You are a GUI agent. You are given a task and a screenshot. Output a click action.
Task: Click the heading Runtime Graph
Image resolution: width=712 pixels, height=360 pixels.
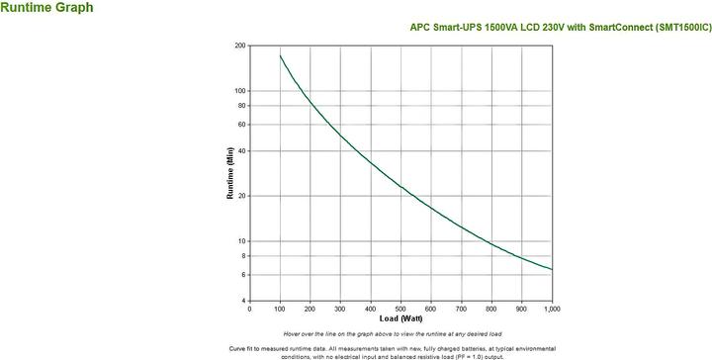pos(47,8)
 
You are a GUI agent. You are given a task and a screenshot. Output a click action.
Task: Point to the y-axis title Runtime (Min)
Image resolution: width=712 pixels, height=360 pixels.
pos(230,174)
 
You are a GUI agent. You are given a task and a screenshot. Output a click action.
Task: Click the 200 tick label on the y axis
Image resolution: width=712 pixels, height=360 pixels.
pos(240,45)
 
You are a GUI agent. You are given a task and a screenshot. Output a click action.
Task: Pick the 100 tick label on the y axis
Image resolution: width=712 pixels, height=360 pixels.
pos(240,91)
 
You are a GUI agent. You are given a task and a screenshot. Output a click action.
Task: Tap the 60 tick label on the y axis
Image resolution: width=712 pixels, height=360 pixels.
pos(242,125)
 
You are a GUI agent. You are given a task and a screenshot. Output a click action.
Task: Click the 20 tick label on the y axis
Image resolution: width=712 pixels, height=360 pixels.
pos(242,196)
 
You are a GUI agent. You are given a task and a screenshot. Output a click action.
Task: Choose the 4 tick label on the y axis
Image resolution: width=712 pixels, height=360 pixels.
pos(244,301)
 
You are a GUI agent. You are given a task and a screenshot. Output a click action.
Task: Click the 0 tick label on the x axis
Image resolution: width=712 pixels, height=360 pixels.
pos(250,309)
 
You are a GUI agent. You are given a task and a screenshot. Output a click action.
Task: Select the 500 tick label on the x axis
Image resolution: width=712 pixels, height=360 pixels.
pos(400,309)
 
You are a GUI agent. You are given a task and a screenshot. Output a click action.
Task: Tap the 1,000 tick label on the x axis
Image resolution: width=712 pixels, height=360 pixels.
pos(551,309)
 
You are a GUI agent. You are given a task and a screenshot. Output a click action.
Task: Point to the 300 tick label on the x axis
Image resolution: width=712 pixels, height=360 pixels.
pos(340,309)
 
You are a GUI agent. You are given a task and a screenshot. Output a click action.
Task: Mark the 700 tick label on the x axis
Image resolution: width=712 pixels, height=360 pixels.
pos(462,309)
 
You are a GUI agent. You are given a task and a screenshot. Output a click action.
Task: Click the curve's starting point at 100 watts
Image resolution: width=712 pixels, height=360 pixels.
pos(280,55)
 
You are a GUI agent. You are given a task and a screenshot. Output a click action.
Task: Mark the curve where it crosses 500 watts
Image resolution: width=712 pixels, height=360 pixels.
pos(400,185)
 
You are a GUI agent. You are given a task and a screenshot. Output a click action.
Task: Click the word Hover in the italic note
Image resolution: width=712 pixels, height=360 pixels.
pos(293,334)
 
